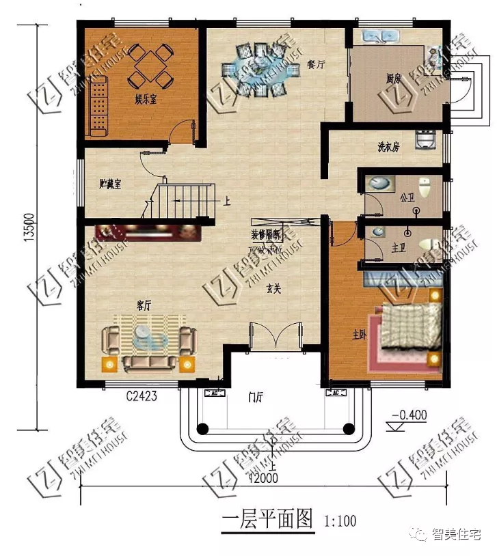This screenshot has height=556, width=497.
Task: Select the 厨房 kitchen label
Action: [393, 79]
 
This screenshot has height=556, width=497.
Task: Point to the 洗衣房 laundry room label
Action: [388, 147]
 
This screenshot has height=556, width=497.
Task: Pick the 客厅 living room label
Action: [143, 305]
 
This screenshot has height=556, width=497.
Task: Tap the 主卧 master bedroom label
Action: [360, 335]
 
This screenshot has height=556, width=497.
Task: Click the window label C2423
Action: [142, 395]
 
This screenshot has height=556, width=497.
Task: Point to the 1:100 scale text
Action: [340, 521]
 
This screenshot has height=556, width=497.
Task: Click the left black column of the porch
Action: [202, 429]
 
